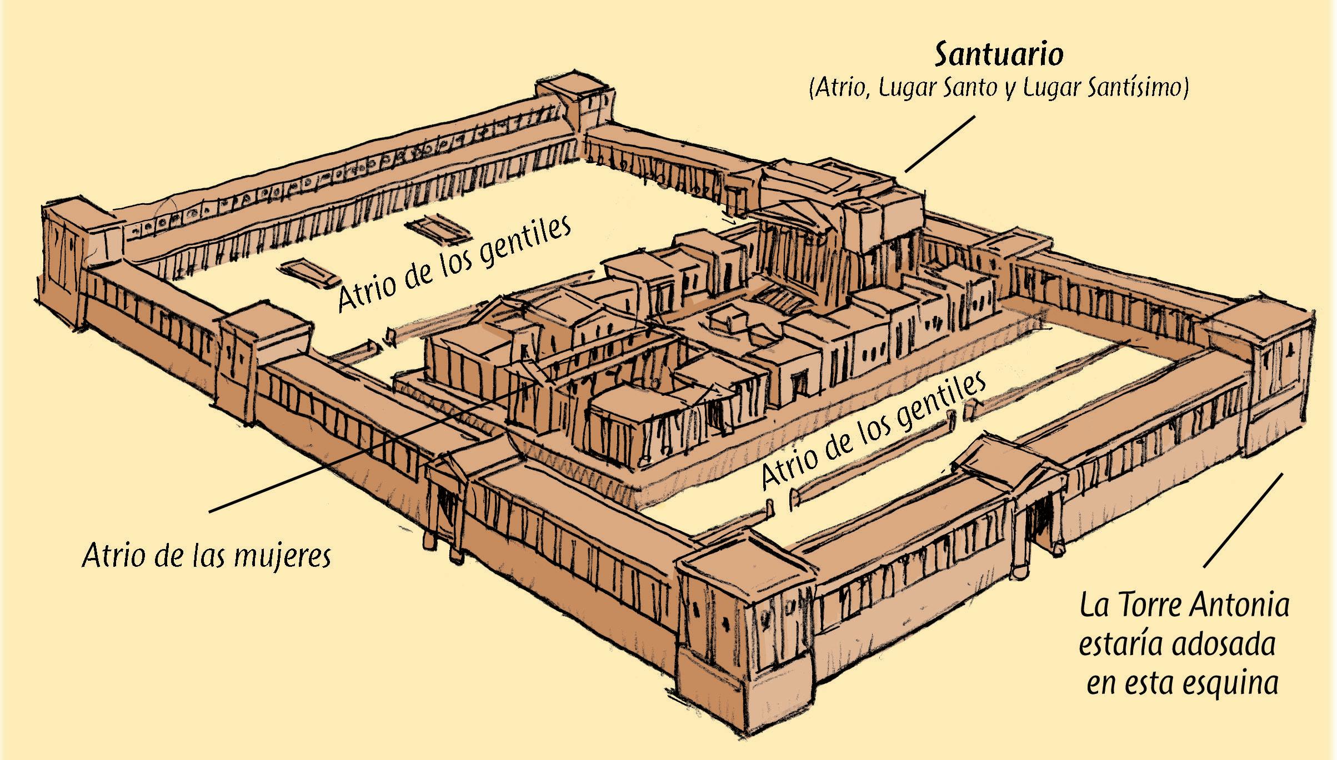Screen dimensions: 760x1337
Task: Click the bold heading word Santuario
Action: [998, 56]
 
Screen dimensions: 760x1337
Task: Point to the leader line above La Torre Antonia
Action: [1243, 520]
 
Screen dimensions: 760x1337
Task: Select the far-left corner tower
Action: [67, 261]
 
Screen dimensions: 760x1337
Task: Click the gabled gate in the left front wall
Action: [447, 494]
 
